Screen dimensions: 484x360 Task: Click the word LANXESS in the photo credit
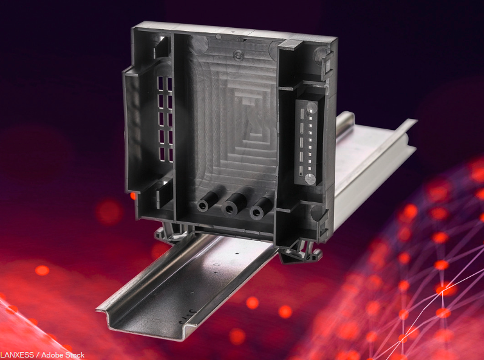click(x=17, y=355)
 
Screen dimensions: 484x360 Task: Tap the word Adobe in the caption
click(x=52, y=355)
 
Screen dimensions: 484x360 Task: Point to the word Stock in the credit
click(x=73, y=355)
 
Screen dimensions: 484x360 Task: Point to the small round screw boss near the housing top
click(x=238, y=55)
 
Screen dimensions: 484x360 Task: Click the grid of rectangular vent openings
click(x=165, y=119)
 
